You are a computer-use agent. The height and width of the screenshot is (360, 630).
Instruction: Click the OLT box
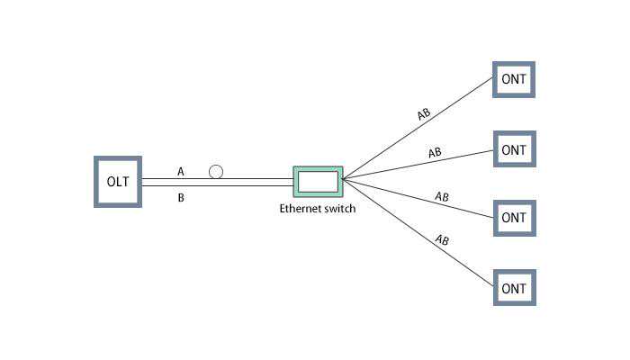click(118, 182)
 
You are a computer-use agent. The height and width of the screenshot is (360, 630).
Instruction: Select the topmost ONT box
click(514, 78)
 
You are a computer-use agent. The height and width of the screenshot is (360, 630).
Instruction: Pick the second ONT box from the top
click(514, 149)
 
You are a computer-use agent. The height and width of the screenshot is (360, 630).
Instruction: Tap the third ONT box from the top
click(514, 218)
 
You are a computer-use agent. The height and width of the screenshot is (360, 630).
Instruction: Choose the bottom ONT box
click(514, 288)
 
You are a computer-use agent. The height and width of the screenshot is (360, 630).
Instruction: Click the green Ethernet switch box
click(319, 182)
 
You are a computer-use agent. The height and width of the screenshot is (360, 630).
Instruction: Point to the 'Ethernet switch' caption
click(318, 209)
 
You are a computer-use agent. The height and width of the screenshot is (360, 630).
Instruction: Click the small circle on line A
click(216, 171)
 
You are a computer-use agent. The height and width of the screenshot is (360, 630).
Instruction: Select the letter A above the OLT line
click(181, 171)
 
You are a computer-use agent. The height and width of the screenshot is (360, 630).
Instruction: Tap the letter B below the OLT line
click(181, 197)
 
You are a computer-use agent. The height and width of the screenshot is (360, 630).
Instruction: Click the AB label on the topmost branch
click(423, 114)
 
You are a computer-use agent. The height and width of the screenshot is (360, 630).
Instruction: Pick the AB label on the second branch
click(435, 153)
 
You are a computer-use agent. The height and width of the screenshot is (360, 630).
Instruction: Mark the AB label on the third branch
click(442, 196)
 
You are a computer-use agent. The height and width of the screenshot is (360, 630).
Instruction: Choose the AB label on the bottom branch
click(442, 240)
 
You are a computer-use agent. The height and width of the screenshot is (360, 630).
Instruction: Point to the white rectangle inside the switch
click(319, 182)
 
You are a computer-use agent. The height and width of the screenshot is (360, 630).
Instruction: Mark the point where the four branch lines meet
click(344, 178)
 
